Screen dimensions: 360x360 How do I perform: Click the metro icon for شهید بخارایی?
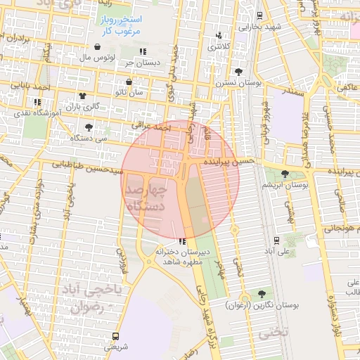click(259, 15)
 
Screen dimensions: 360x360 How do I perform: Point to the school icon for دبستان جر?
click(143, 51)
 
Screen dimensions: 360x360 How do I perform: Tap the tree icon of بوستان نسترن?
click(239, 72)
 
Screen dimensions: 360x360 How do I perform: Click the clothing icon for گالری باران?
click(83, 96)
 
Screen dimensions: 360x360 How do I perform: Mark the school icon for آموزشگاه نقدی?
click(37, 103)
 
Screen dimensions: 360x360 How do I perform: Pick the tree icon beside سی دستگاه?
click(89, 127)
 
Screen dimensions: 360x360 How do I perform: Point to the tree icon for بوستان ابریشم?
click(285, 174)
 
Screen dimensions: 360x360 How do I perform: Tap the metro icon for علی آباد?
click(276, 240)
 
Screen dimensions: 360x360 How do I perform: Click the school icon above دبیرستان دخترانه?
click(183, 242)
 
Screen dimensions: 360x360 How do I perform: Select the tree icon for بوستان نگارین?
click(262, 294)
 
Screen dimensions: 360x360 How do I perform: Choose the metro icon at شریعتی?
click(117, 336)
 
